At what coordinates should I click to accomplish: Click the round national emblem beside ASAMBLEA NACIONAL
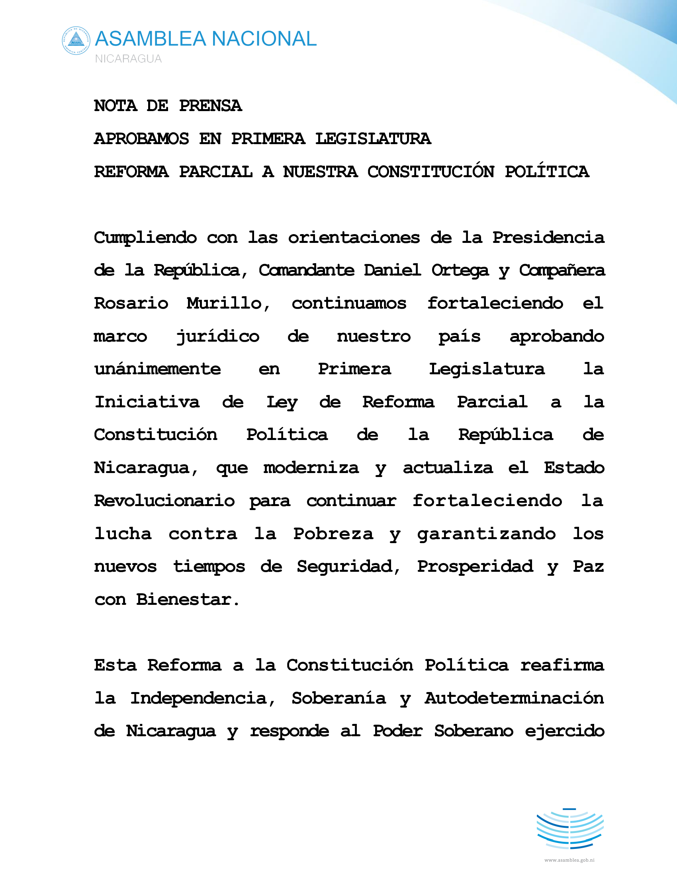[x=76, y=41]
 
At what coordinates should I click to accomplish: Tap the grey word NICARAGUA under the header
[x=128, y=59]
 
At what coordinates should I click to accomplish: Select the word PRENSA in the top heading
[x=210, y=106]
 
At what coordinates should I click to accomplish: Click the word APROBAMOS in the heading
[x=141, y=139]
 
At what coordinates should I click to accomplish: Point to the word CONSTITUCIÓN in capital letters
[x=431, y=172]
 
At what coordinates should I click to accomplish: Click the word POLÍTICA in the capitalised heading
[x=547, y=172]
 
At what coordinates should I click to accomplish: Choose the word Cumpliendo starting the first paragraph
[x=145, y=238]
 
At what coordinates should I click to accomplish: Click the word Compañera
[x=562, y=271]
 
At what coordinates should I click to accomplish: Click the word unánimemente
[x=157, y=369]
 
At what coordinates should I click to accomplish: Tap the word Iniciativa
[x=147, y=402]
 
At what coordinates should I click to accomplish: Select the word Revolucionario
[x=164, y=501]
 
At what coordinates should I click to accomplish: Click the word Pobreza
[x=333, y=534]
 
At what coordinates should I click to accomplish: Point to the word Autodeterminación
[x=514, y=698]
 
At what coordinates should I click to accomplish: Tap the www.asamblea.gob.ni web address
[x=569, y=860]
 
